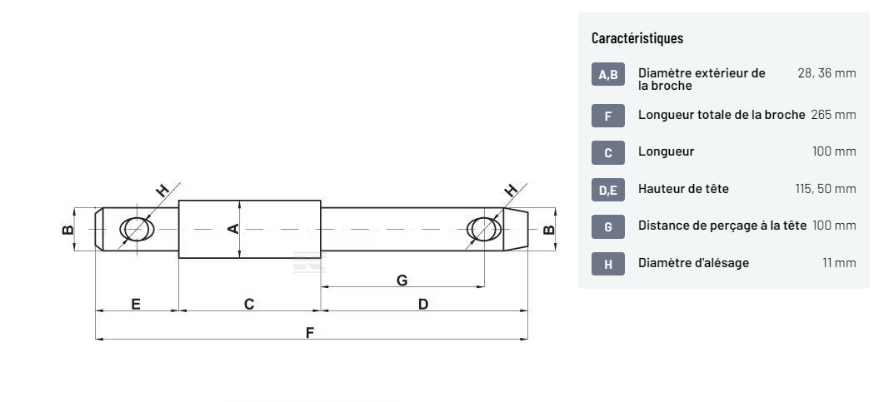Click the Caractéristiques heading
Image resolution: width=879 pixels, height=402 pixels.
637,38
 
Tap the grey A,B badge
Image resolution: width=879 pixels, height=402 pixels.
608,74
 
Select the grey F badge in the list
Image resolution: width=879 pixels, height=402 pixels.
608,116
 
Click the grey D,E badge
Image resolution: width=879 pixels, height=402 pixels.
608,190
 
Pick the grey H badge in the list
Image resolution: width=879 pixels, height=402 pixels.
608,264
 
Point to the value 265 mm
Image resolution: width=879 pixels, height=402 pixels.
833,115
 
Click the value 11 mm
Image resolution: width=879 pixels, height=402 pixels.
839,263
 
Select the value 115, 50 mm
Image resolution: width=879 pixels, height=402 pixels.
826,189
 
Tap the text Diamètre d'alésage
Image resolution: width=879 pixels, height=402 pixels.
693,263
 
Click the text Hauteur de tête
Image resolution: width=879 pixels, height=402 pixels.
683,189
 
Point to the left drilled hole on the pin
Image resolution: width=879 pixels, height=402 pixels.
136,229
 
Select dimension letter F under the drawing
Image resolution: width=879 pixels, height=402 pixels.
310,333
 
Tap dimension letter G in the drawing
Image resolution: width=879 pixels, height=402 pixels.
402,280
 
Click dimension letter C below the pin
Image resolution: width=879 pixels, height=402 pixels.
249,305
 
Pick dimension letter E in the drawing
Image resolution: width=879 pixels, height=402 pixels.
136,305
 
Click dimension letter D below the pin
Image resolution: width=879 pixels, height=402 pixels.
423,305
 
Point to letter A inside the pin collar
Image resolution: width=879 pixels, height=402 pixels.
234,229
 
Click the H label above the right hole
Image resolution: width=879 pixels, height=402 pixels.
511,190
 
